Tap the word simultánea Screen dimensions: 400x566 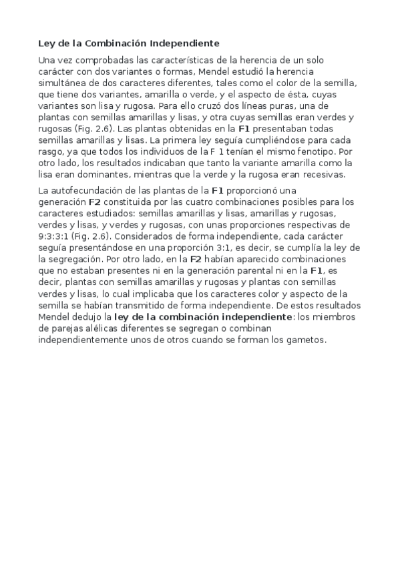point(64,82)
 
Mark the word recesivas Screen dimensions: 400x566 point(322,174)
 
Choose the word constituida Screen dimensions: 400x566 point(134,202)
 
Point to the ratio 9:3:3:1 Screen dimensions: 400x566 point(53,236)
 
